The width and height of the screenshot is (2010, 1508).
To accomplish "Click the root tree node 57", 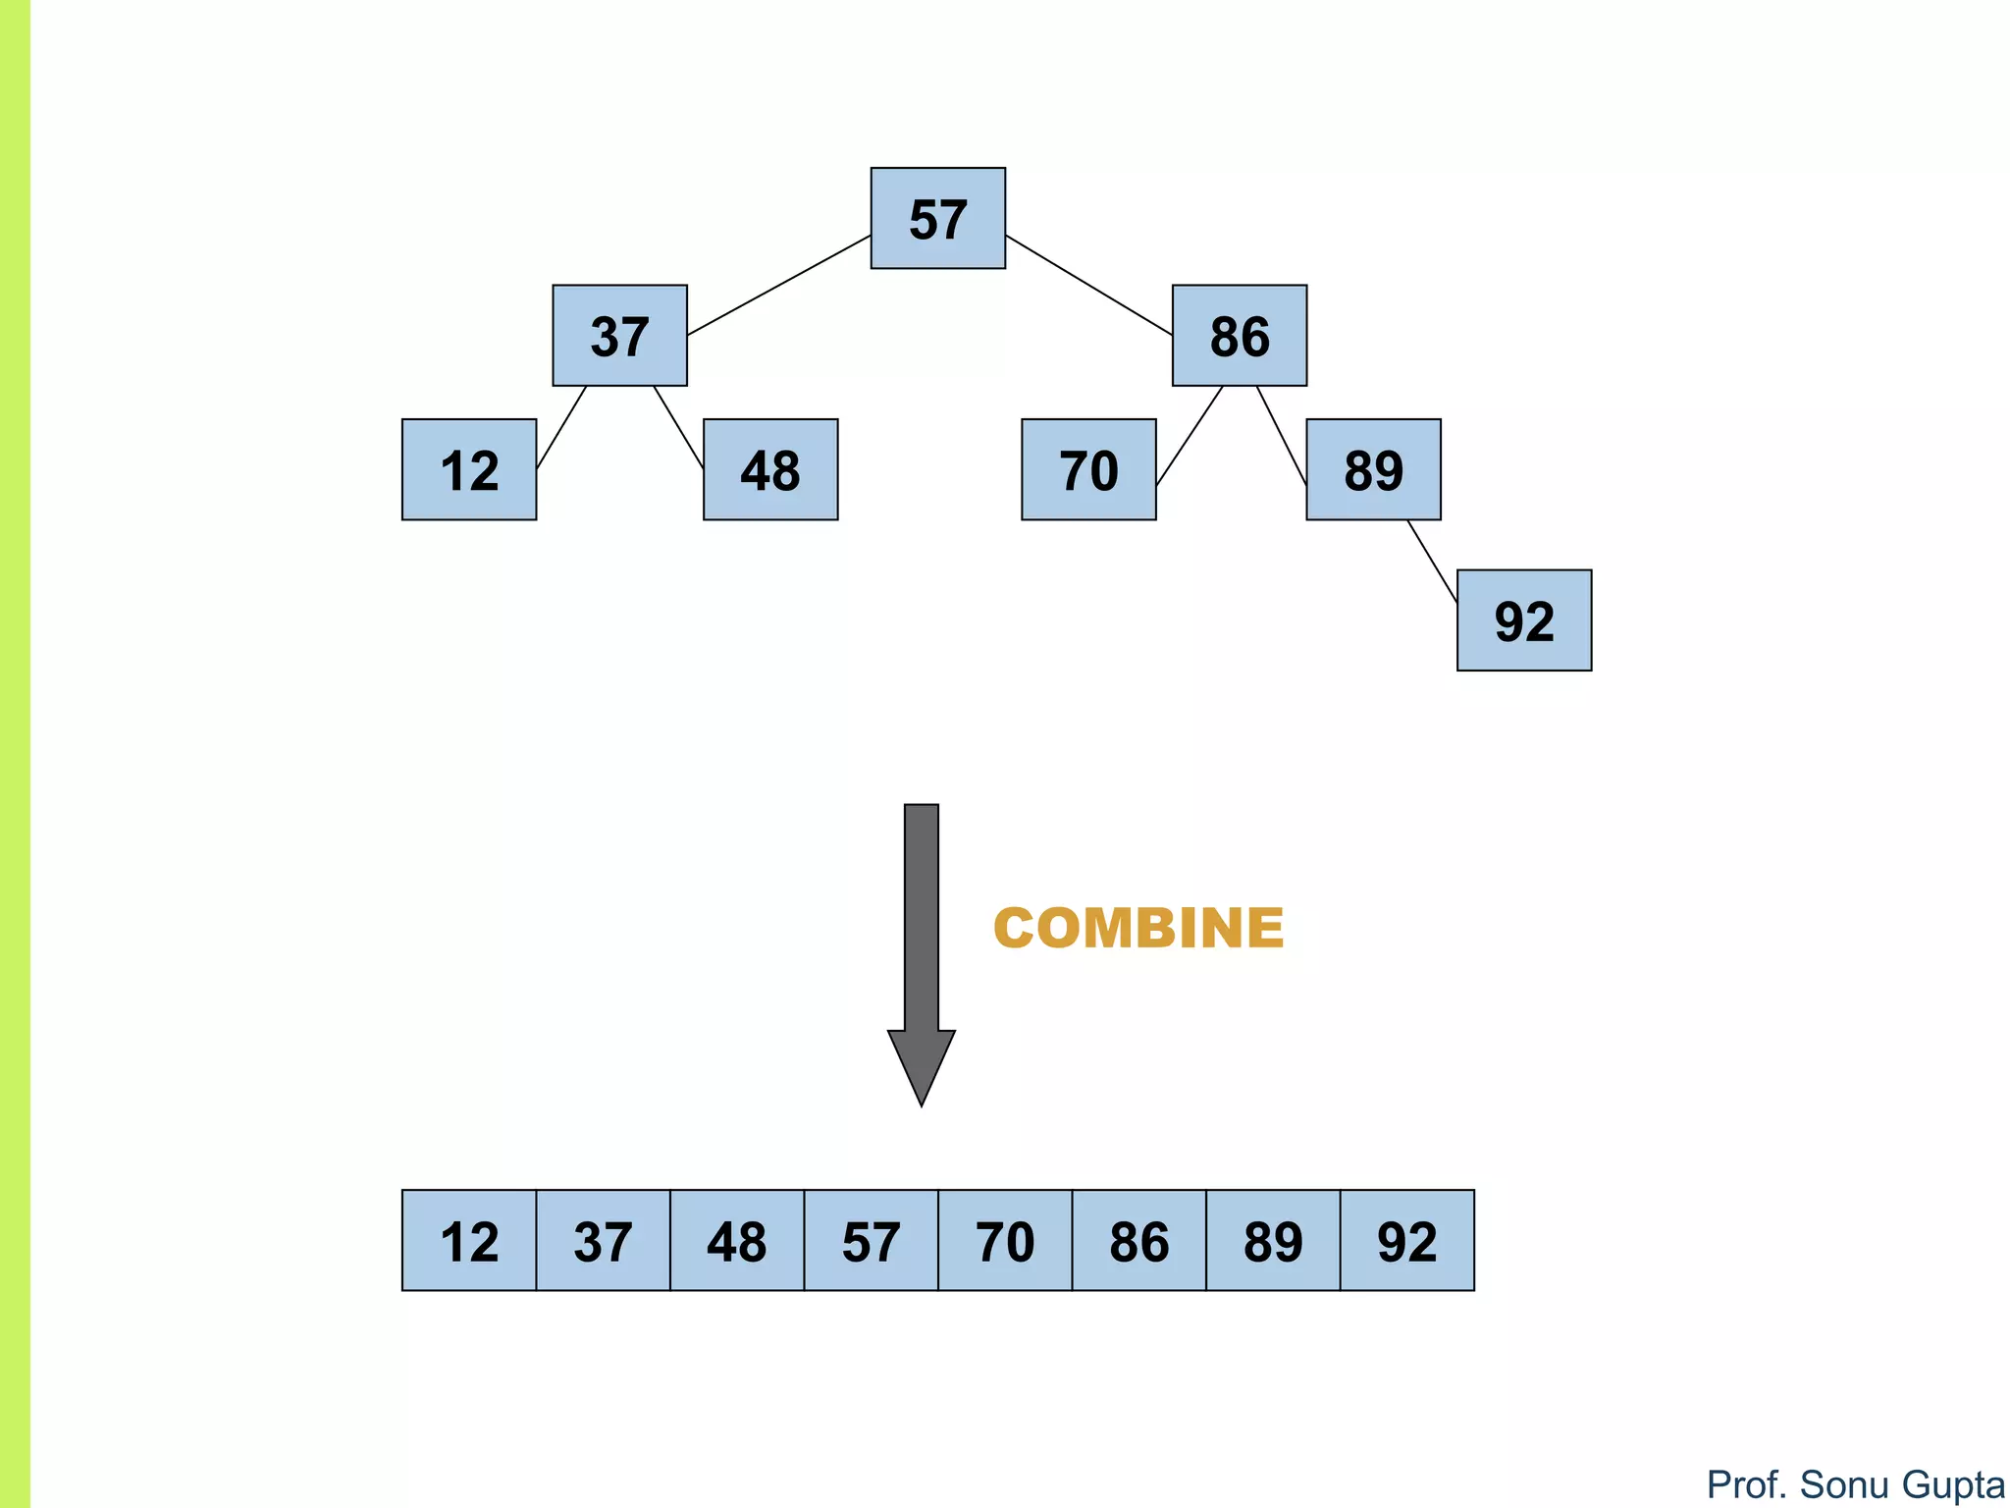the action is pos(937,218).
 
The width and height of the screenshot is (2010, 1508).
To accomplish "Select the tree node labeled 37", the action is pos(619,336).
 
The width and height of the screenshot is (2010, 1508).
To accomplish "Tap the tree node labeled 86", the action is pos(1239,336).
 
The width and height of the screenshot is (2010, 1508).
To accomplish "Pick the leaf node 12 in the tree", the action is pos(469,469).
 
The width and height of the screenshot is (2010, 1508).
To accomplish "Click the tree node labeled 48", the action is pos(770,469).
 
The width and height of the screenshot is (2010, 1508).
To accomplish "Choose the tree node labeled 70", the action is pos(1088,469).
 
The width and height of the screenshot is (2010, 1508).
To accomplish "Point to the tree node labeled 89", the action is pos(1373,469).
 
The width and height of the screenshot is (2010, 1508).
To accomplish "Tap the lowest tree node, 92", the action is pos(1524,620).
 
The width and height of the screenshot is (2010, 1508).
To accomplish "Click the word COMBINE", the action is pos(1138,928).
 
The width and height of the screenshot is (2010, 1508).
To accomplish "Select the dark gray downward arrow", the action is pos(921,942).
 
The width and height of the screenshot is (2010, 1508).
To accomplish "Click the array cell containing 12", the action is pos(469,1240).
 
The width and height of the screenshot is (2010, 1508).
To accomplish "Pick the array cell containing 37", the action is pos(603,1240).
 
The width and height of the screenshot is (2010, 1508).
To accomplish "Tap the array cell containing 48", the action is pos(737,1240).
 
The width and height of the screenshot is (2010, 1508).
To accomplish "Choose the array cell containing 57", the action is pos(871,1240).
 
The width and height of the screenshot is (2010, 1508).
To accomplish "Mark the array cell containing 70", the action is pos(1005,1240).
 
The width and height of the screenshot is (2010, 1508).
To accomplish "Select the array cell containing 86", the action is pos(1138,1240).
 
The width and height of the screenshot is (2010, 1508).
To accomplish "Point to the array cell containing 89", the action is pos(1273,1240).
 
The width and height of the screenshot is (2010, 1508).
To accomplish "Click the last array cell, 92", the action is pos(1406,1240).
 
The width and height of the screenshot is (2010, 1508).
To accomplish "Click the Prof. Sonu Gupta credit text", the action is pos(1855,1484).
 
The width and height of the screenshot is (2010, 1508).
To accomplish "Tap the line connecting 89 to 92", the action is pos(1432,561).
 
